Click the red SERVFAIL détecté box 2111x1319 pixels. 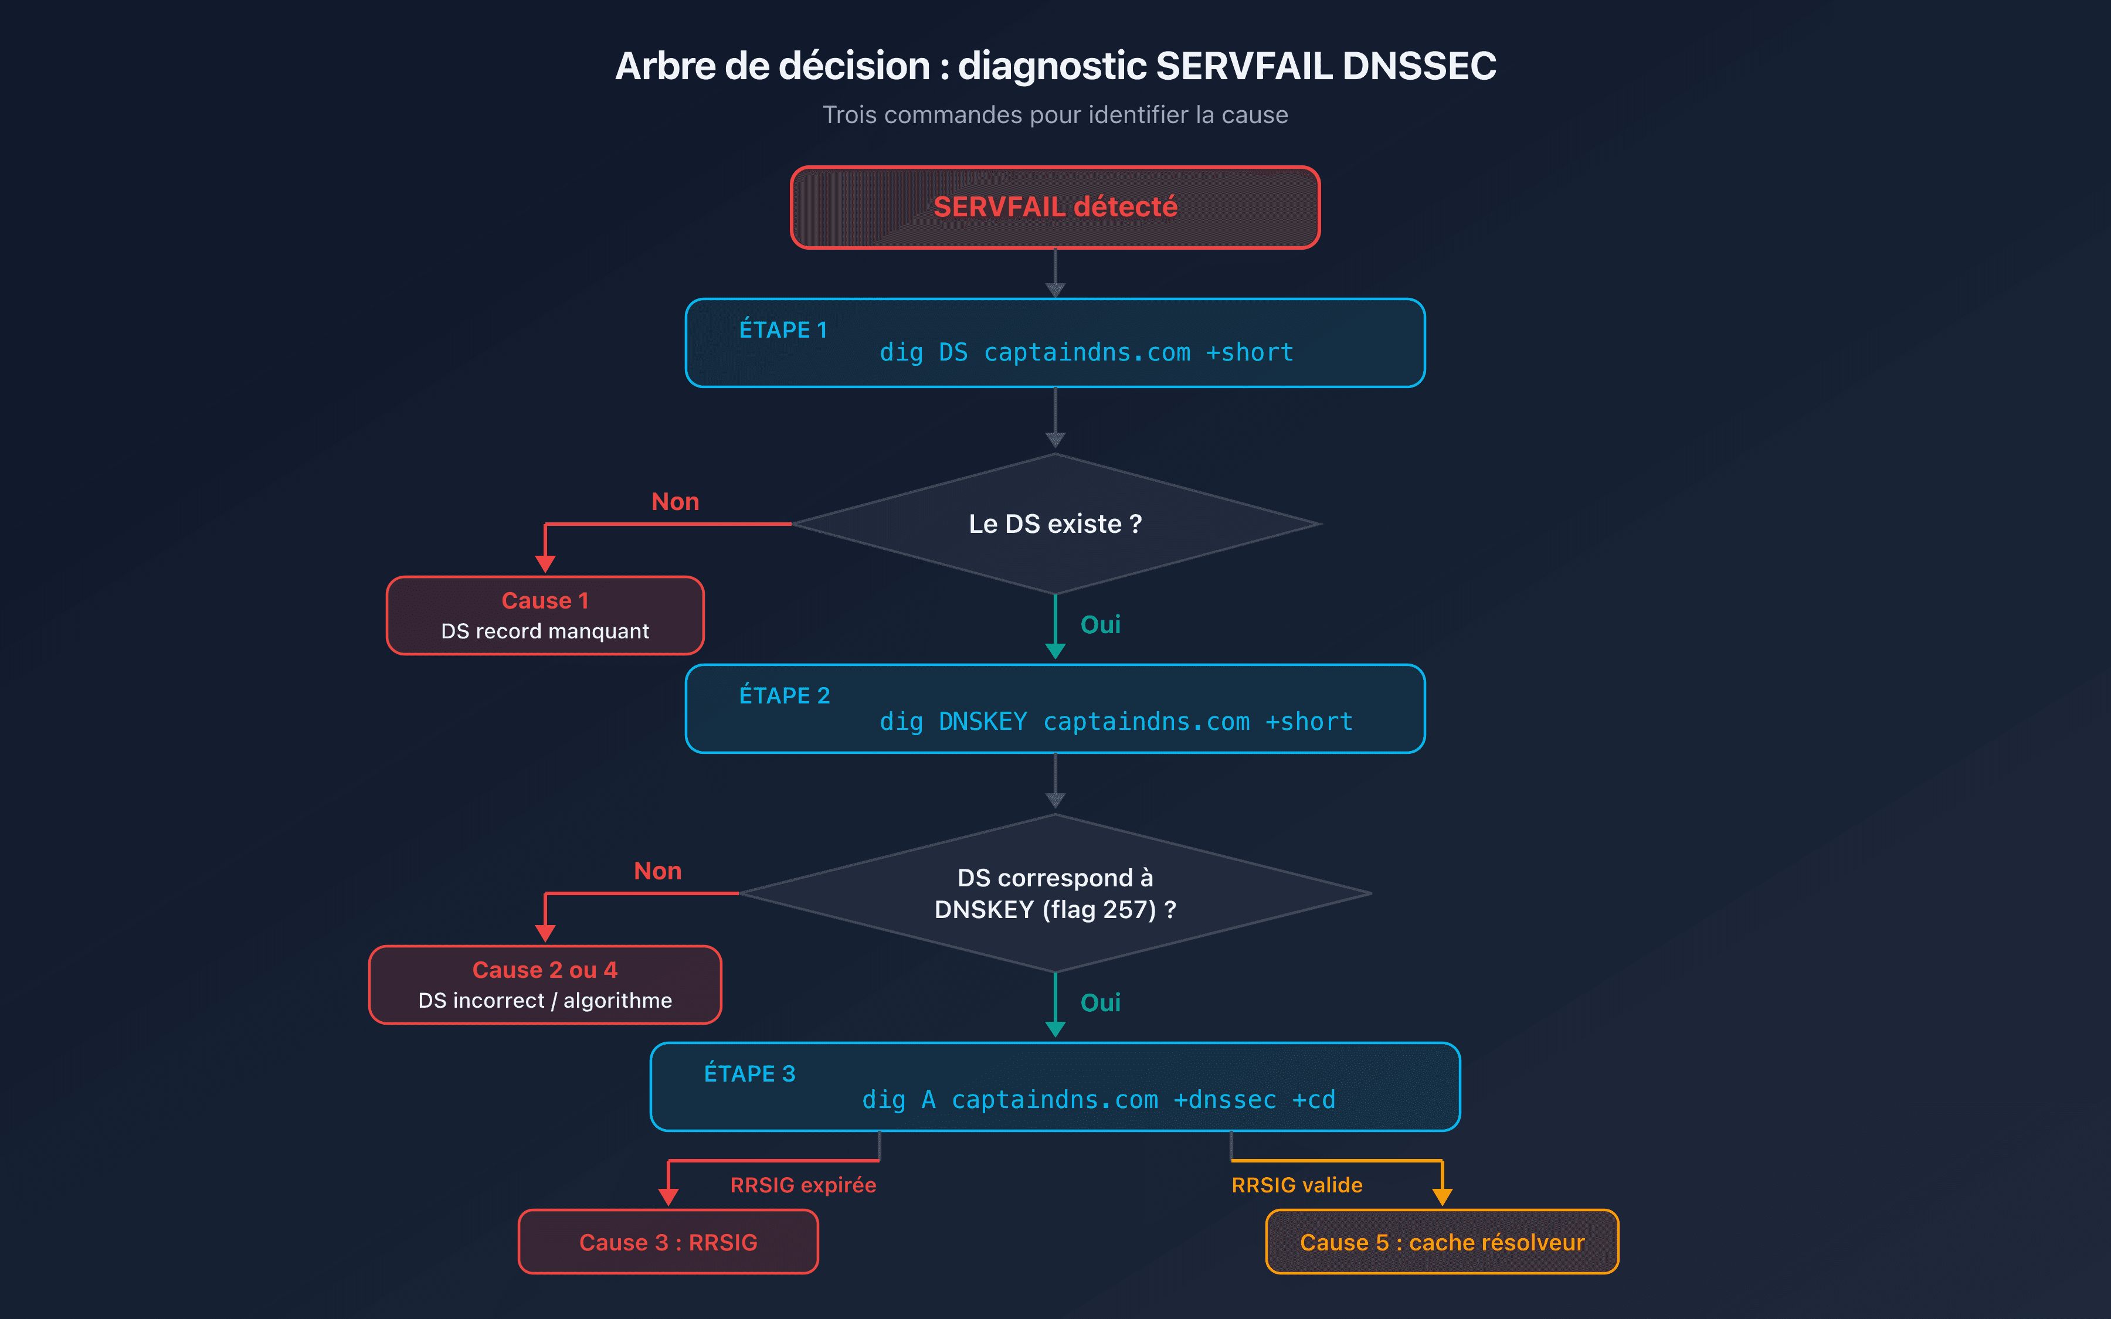coord(1055,208)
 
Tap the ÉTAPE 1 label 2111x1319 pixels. coord(782,329)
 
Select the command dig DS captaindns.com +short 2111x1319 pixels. coord(1086,352)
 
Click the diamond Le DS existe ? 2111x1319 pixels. coord(1055,523)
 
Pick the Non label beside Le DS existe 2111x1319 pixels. coord(674,502)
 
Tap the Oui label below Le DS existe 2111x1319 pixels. coord(1100,624)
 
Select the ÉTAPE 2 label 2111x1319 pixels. coord(784,695)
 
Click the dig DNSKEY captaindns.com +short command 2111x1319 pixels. coord(1116,722)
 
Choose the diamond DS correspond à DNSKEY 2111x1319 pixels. coord(1055,893)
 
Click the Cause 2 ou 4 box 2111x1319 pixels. coord(545,985)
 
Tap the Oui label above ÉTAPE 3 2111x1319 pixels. coord(1100,1002)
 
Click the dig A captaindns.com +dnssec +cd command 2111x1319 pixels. coord(1098,1099)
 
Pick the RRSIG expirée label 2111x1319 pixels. coord(803,1185)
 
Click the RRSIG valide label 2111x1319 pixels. coord(1297,1185)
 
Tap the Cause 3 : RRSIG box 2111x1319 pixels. coord(668,1242)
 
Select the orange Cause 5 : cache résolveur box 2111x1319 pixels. coord(1442,1242)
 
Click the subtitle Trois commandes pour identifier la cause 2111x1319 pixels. coord(1055,115)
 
